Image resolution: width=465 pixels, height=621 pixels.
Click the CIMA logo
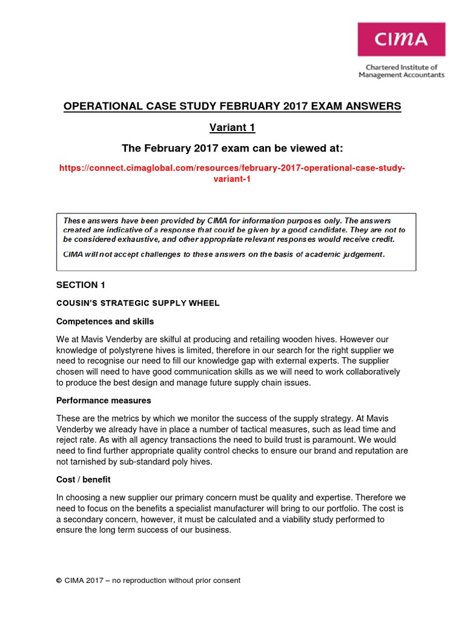click(x=401, y=40)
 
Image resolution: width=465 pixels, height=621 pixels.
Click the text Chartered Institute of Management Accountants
click(x=401, y=71)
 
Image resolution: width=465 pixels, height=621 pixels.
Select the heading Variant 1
click(x=232, y=127)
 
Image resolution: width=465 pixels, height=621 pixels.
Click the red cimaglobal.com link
click(x=232, y=172)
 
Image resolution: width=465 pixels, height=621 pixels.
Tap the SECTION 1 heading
click(x=77, y=284)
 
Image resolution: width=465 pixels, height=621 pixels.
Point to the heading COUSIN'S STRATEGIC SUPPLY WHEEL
click(x=138, y=303)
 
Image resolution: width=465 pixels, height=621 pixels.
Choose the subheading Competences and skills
click(x=105, y=321)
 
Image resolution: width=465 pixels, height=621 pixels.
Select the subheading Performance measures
click(x=104, y=400)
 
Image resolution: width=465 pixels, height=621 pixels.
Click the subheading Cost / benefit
click(x=84, y=480)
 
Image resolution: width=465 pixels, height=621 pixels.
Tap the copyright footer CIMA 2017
click(x=148, y=580)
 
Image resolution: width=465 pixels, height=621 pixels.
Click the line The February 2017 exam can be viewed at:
click(x=232, y=148)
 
